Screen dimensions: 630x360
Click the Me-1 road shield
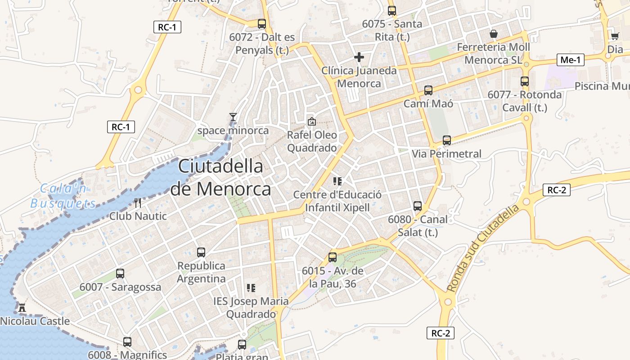click(571, 59)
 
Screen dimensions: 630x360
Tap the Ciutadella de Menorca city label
click(220, 177)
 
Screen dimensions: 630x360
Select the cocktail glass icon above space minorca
click(233, 117)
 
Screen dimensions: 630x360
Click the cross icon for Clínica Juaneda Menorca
click(359, 57)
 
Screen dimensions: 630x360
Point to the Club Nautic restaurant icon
click(138, 203)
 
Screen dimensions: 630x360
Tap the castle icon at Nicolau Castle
click(22, 308)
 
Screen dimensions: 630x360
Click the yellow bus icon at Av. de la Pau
click(332, 257)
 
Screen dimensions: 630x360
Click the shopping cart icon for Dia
click(615, 36)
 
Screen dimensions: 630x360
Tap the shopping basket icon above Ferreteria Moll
click(494, 34)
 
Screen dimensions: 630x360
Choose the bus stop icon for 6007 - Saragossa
click(120, 273)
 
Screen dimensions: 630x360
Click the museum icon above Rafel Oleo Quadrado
click(311, 121)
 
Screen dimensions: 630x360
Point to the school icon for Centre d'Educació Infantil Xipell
click(337, 181)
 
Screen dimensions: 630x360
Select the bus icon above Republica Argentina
click(201, 252)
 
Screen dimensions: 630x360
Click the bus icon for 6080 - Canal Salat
click(418, 206)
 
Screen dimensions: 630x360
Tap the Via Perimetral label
click(446, 154)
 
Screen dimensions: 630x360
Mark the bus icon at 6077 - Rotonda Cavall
click(525, 81)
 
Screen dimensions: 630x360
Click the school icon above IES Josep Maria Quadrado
click(251, 288)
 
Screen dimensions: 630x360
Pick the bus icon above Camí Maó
click(428, 90)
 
